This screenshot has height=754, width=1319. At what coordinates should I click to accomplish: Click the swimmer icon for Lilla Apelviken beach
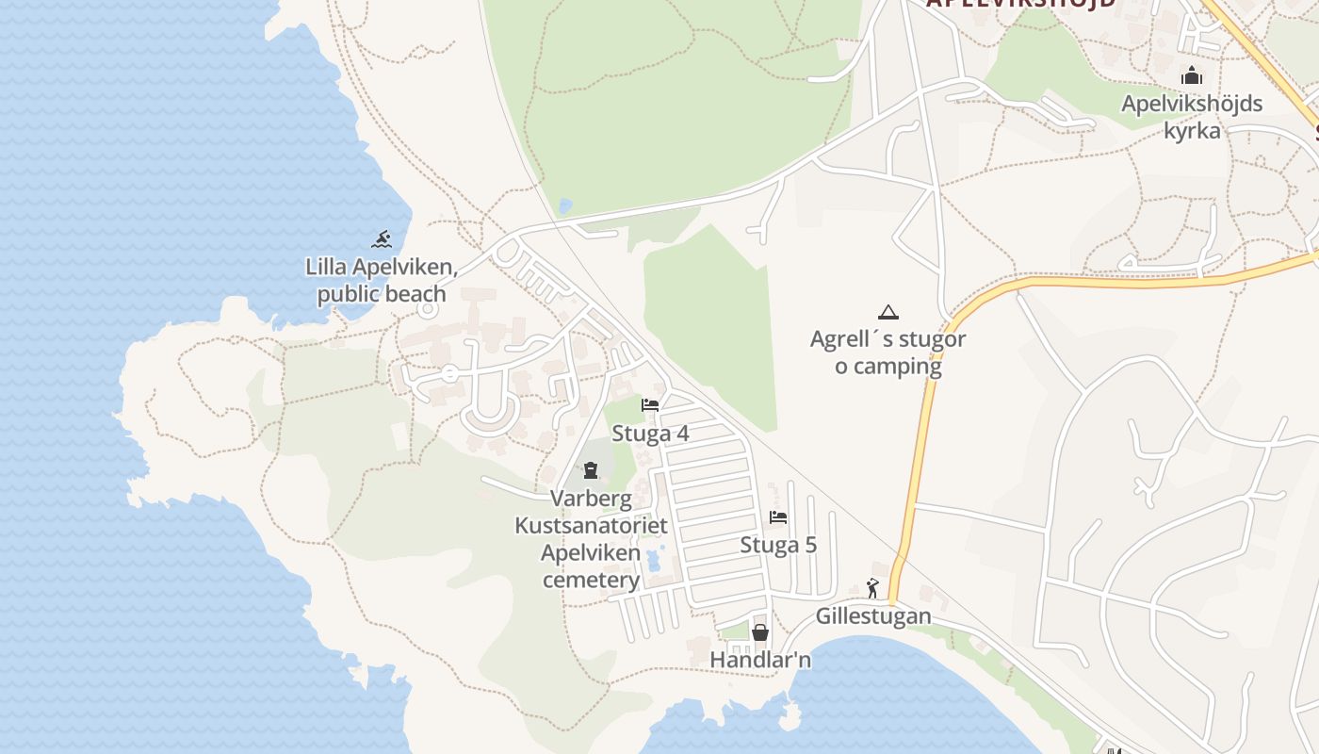coord(382,238)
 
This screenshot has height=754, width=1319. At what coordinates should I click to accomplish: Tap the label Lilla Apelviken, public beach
coord(382,280)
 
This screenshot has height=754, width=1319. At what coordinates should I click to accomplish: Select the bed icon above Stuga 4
coord(650,405)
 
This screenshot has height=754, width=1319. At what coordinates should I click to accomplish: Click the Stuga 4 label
coord(650,434)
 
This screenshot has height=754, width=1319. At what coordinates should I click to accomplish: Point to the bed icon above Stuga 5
coord(778,516)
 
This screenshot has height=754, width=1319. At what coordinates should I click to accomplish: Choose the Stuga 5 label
coord(778,545)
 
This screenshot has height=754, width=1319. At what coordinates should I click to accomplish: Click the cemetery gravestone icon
coord(591,469)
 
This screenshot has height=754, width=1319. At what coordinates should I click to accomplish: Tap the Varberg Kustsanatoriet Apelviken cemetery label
coord(591,538)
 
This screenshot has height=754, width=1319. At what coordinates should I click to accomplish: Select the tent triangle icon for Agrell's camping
coord(887,312)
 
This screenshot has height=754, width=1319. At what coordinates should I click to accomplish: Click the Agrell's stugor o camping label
coord(887,352)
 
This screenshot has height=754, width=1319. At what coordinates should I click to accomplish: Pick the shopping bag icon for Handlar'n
coord(760,631)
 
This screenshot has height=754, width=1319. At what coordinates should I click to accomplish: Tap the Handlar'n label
coord(760,660)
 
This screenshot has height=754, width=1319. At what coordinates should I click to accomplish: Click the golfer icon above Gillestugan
coord(873,588)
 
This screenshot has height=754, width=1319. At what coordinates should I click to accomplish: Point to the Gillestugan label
coord(873,616)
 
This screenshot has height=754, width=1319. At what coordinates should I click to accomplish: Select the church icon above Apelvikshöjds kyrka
coord(1192,75)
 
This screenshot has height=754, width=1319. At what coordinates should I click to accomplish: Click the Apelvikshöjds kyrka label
coord(1192,116)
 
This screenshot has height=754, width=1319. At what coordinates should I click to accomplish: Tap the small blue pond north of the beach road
coord(564,205)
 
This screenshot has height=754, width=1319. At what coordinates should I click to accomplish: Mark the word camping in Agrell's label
coord(897,366)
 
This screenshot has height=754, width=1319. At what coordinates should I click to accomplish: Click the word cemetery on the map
coord(591,580)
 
